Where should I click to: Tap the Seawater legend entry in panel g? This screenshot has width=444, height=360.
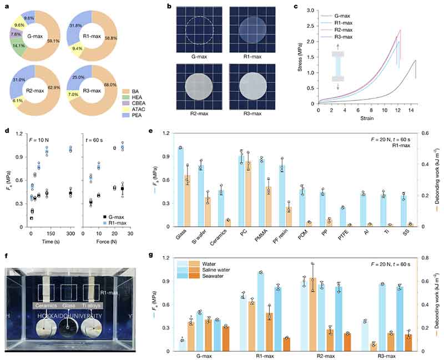pos(203,277)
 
